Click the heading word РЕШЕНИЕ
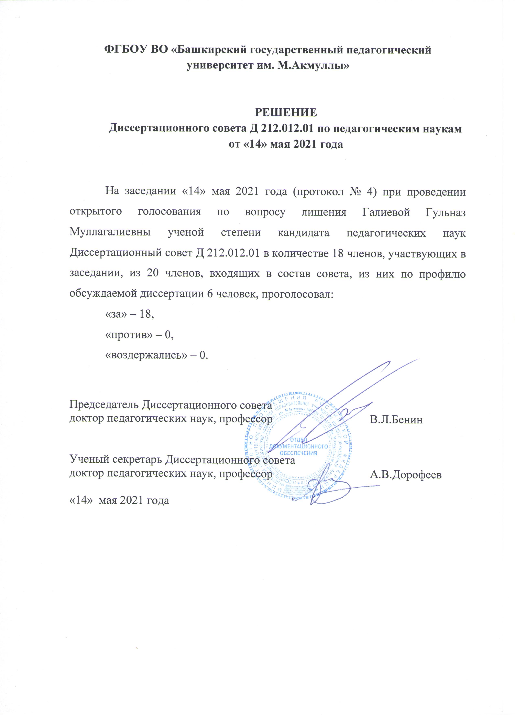click(286, 112)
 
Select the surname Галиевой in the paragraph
click(386, 212)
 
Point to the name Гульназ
click(445, 212)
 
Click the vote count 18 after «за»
click(146, 314)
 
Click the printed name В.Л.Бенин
click(396, 419)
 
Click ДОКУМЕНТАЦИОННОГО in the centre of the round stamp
click(298, 446)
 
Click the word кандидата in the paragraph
click(303, 233)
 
